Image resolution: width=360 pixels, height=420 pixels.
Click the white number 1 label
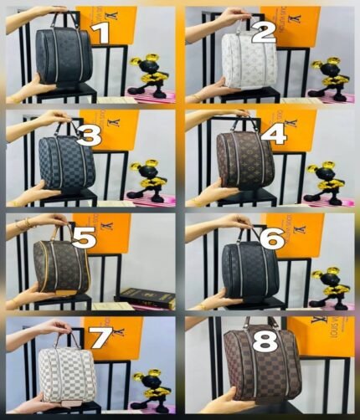pyautogui.click(x=100, y=33)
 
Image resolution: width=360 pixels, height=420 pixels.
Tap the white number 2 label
pyautogui.click(x=263, y=33)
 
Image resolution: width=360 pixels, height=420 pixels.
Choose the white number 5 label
pyautogui.click(x=84, y=238)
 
